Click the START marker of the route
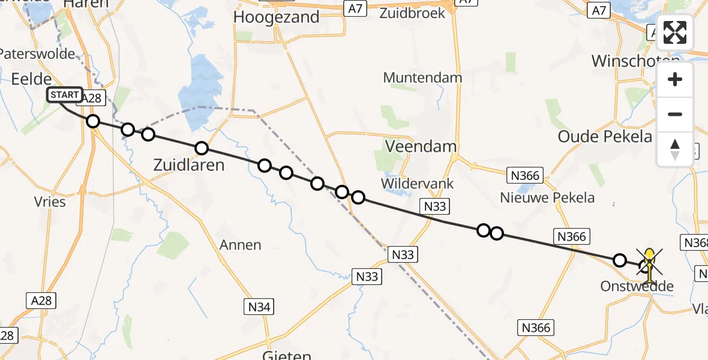pos(64,95)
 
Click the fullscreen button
pos(675,33)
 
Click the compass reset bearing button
pos(675,149)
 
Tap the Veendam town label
pos(421,146)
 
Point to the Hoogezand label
pos(276,17)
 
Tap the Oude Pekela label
pos(605,136)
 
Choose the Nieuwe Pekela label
pos(548,197)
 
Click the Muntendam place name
pos(422,78)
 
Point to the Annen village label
pos(241,245)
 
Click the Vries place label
pos(50,202)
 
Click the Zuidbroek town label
pos(412,13)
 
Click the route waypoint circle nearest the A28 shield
pos(92,121)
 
